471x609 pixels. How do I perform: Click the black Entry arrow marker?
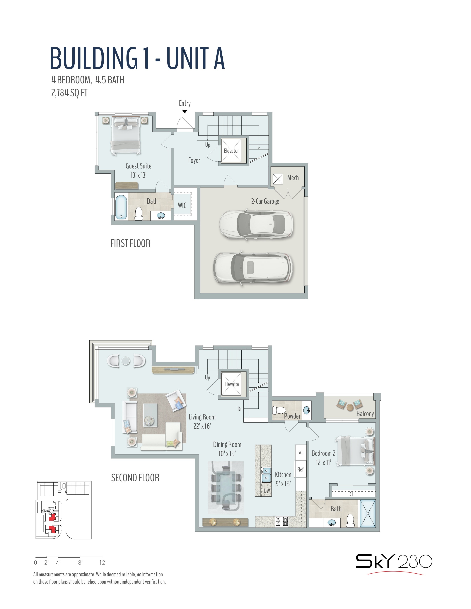185,111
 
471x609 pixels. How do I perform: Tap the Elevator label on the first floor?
231,151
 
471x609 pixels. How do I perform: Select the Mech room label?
293,178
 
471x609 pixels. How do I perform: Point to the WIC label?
182,206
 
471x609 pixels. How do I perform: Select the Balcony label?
365,414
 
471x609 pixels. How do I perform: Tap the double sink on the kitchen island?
266,475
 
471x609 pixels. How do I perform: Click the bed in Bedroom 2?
355,451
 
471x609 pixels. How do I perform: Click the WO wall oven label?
301,452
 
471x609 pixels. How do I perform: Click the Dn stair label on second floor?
240,409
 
